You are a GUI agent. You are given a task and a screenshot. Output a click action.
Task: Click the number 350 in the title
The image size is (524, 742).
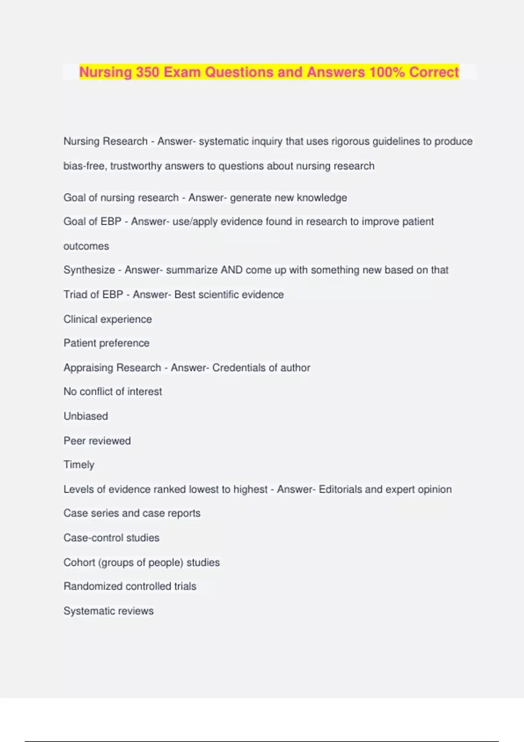(147, 72)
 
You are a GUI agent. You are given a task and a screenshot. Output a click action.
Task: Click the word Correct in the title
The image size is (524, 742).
(434, 72)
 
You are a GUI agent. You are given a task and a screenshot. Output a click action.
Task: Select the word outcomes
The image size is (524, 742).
(86, 246)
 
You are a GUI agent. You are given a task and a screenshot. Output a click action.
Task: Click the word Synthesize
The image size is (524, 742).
(89, 270)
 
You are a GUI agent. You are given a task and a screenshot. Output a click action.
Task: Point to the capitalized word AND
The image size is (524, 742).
(231, 270)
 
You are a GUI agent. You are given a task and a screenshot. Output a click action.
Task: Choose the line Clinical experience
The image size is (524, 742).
(107, 319)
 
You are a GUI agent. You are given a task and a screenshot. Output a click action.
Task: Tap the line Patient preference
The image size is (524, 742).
(106, 343)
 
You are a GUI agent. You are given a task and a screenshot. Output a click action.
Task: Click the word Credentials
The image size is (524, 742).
(239, 368)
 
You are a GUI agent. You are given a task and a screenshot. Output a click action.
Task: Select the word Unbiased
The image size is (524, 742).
(86, 416)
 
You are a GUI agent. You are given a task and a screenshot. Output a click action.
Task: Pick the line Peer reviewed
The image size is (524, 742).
(97, 441)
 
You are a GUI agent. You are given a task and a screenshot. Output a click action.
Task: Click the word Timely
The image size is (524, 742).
(79, 465)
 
